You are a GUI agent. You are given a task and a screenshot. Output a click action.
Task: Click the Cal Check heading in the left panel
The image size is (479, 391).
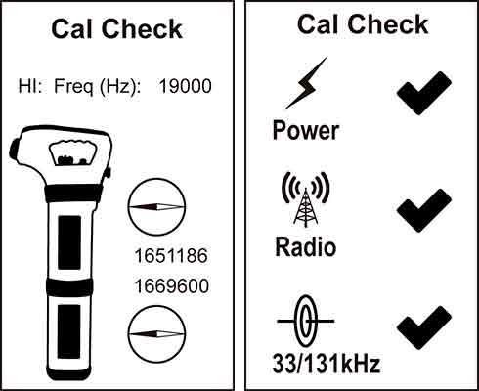coord(117,28)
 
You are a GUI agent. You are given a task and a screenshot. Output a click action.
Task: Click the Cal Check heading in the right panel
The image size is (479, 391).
coord(362,24)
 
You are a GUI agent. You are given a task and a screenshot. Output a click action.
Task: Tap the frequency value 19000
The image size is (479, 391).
coord(185,86)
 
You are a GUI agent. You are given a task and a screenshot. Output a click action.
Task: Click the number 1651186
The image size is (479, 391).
coord(170,256)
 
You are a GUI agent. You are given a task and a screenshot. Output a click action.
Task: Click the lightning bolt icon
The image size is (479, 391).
coord(305,83)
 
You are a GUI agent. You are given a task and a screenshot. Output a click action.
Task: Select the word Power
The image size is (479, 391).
coord(305,129)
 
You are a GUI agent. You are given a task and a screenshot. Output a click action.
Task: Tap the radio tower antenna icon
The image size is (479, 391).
coord(305,199)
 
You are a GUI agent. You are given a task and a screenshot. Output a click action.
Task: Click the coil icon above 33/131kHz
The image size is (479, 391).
coord(305,321)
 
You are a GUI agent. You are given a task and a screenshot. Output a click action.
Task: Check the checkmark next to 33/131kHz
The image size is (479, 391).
coord(422,326)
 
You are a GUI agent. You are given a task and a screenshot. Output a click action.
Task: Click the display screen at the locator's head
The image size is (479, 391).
coord(67,153)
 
